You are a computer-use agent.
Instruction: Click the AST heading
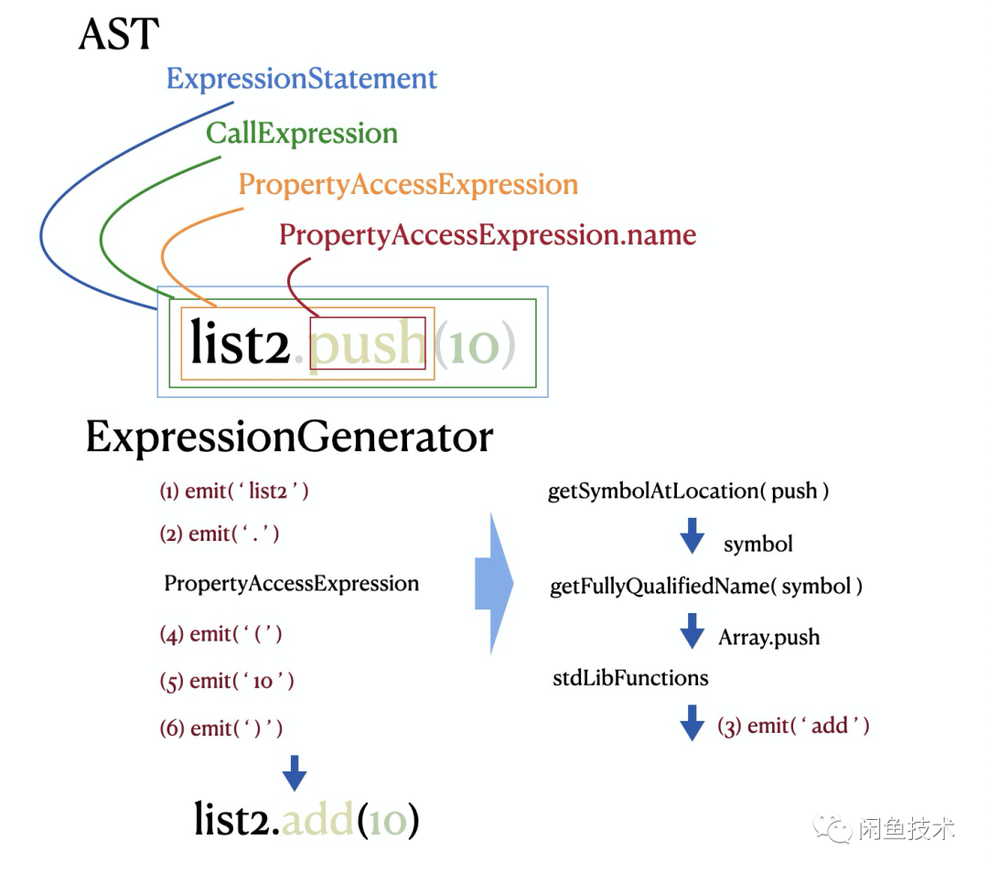(119, 35)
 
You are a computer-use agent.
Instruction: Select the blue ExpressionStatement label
(302, 79)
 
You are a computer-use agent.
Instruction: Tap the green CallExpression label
(302, 134)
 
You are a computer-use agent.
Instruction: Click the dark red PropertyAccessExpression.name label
(488, 235)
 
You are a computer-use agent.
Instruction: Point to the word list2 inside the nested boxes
(240, 343)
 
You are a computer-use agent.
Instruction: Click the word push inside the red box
(368, 343)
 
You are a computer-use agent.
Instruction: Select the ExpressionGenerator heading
(289, 437)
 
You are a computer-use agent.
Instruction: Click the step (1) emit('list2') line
(234, 491)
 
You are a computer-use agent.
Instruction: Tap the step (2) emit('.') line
(220, 534)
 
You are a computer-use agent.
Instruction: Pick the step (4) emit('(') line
(221, 634)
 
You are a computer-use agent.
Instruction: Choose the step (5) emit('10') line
(227, 682)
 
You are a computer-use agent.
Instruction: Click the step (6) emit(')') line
(221, 728)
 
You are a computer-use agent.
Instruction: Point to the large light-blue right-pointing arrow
(493, 584)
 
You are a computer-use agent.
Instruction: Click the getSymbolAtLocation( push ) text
(688, 491)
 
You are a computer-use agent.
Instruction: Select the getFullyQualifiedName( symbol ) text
(705, 587)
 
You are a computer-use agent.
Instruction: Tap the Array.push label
(768, 638)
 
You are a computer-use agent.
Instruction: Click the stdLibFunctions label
(630, 678)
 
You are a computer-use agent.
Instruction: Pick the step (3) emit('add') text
(793, 727)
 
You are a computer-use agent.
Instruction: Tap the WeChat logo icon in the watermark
(834, 828)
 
